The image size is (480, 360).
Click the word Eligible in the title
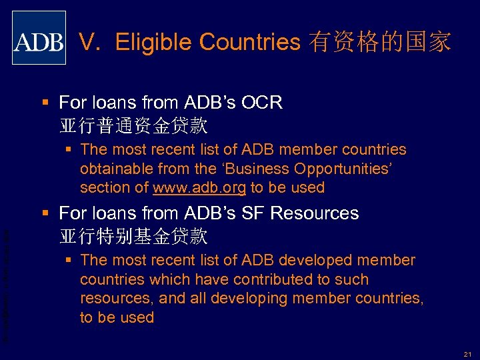[x=155, y=43]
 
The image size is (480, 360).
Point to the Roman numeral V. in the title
[x=91, y=43]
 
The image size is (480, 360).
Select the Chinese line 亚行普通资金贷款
[x=133, y=125]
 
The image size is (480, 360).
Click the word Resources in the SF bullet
[x=317, y=213]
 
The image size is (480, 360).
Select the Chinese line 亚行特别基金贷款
[x=133, y=236]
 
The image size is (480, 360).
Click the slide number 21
[x=467, y=349]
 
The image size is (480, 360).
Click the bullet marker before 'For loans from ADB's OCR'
[x=45, y=103]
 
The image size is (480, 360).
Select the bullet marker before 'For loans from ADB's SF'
[x=45, y=213]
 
